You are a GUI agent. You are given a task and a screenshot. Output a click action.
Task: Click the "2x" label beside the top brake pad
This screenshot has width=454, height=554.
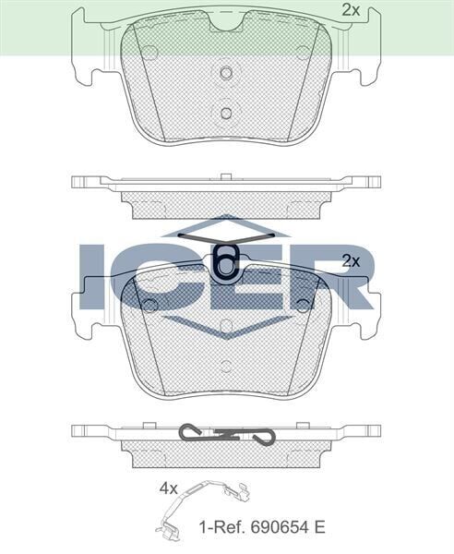pos(350,11)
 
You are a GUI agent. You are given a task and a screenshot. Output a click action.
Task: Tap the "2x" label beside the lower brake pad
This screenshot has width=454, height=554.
pos(350,261)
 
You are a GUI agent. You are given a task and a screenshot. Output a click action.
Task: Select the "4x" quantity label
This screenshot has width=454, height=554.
pos(167,489)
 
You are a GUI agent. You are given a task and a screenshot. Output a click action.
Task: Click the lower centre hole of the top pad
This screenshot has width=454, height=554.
pos(226,113)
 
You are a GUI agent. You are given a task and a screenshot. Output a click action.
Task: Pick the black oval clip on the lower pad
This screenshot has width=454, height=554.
pos(226,261)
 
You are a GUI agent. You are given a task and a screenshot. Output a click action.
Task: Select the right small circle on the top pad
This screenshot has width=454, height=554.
pos(303,53)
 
